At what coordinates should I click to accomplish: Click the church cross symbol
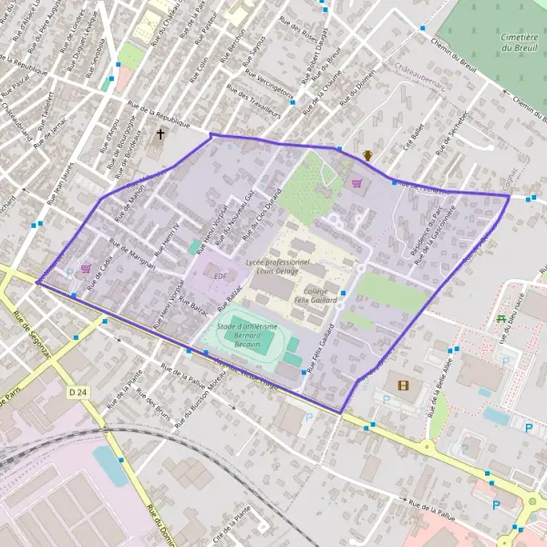coord(161,134)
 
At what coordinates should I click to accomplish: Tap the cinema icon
coord(403,385)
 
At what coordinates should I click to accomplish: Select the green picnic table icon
coord(501,317)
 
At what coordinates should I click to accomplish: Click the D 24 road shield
coord(78,391)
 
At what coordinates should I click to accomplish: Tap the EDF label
coord(220,274)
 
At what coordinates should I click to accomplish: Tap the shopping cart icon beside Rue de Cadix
coord(86,269)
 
